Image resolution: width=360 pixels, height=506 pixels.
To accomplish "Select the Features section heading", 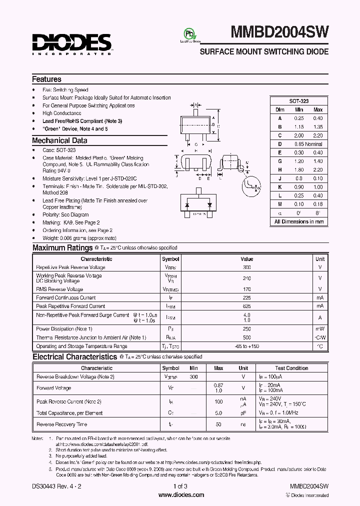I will click(x=46, y=79).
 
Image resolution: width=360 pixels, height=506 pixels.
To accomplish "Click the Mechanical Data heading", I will click(x=59, y=141).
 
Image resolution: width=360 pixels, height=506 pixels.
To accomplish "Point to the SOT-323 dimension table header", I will click(x=299, y=100).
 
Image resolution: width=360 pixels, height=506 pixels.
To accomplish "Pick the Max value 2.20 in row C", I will click(x=317, y=135).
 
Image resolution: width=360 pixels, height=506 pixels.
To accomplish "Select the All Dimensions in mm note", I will click(x=299, y=221).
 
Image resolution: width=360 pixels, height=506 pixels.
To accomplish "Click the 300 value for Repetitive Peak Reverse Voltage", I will click(x=247, y=267).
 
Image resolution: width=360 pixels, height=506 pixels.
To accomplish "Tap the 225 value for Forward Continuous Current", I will click(x=247, y=297).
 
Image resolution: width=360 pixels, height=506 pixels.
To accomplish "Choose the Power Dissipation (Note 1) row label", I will click(x=64, y=329).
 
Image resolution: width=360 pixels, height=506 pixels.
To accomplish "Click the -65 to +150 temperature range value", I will click(x=247, y=346).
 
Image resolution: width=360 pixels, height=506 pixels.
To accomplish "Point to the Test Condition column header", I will click(x=291, y=368).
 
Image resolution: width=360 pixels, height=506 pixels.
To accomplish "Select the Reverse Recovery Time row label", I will click(x=61, y=424).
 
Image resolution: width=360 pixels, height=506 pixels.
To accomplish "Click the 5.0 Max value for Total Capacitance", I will click(x=218, y=413).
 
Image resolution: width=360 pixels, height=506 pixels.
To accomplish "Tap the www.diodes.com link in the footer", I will click(x=180, y=495).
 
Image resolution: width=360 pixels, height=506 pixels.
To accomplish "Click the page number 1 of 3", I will click(x=180, y=486).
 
